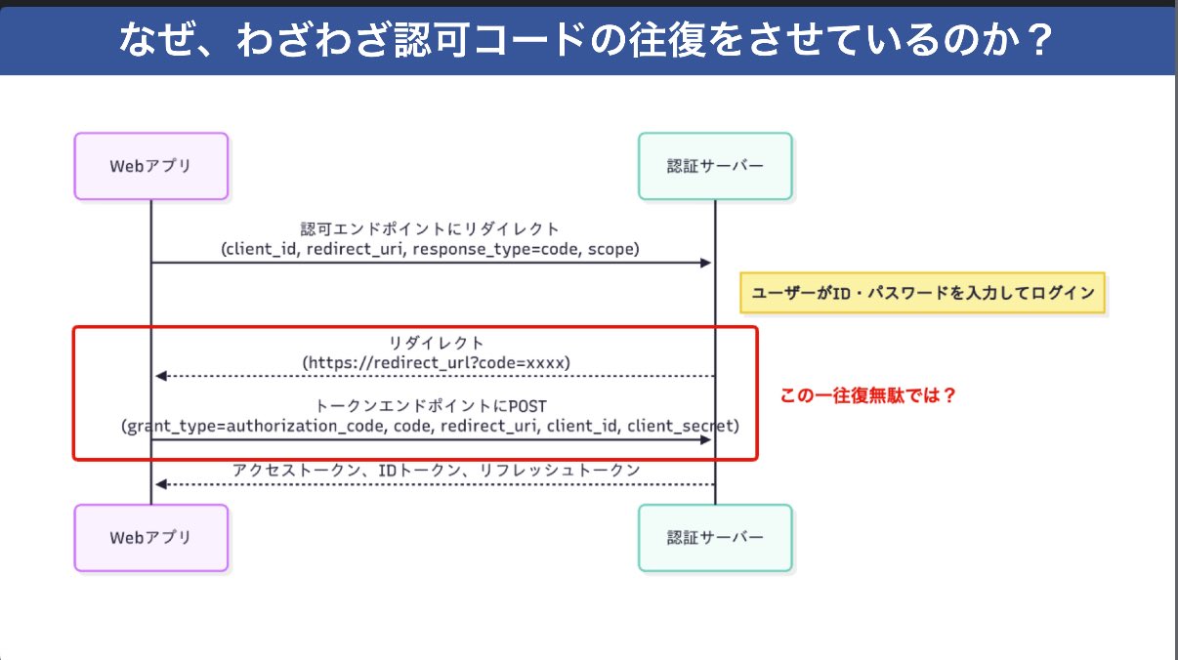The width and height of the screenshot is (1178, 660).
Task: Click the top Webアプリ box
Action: click(151, 166)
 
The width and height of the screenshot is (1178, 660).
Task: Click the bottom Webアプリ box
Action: click(151, 538)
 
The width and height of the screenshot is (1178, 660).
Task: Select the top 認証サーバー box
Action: click(715, 166)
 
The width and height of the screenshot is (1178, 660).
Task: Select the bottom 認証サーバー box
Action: click(715, 538)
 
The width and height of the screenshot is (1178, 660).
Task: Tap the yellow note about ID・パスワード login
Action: click(922, 293)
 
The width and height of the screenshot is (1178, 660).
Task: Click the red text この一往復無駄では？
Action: click(867, 395)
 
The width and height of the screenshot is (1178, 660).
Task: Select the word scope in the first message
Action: click(610, 249)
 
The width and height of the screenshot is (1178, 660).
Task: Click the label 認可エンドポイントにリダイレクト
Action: click(430, 229)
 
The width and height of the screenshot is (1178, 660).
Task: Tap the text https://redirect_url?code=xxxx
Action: click(436, 362)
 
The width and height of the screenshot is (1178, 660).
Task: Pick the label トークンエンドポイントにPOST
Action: click(431, 406)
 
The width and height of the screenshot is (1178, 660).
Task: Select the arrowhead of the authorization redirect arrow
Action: click(706, 263)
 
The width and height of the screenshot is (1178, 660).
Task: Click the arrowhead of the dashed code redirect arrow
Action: click(161, 376)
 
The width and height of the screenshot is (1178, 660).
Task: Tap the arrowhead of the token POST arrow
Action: click(706, 439)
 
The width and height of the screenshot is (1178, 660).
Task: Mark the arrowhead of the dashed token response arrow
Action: click(161, 484)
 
